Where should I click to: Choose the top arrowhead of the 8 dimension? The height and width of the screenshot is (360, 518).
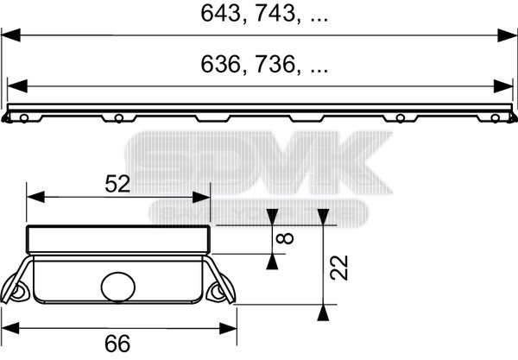(x=274, y=218)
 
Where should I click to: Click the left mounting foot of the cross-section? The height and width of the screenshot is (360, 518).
(x=19, y=292)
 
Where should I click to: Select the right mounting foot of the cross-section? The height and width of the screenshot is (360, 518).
(x=219, y=292)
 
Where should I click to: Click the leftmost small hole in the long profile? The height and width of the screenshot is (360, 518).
(x=27, y=117)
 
